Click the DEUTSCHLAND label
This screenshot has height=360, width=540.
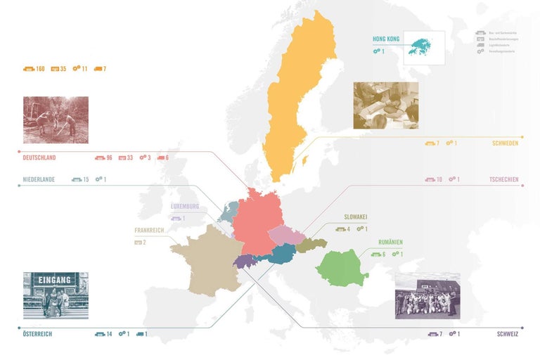(x=39, y=157)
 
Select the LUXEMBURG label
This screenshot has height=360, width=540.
(x=185, y=207)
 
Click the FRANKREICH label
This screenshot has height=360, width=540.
(x=150, y=230)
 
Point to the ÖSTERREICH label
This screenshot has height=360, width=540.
(x=37, y=334)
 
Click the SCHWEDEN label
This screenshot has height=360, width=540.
(x=506, y=143)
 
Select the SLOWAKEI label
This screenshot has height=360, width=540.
(x=356, y=217)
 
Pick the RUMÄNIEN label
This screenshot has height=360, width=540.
(x=390, y=243)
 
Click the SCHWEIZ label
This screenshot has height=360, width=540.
(x=507, y=334)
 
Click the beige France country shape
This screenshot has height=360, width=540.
(x=204, y=260)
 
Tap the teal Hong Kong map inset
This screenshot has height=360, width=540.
(x=425, y=47)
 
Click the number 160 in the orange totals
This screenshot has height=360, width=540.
(x=40, y=69)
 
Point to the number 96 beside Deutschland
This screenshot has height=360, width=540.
(x=108, y=157)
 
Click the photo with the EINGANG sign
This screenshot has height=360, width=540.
(x=56, y=295)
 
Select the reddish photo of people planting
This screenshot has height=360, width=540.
(x=56, y=120)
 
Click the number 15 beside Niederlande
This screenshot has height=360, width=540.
(x=86, y=180)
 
